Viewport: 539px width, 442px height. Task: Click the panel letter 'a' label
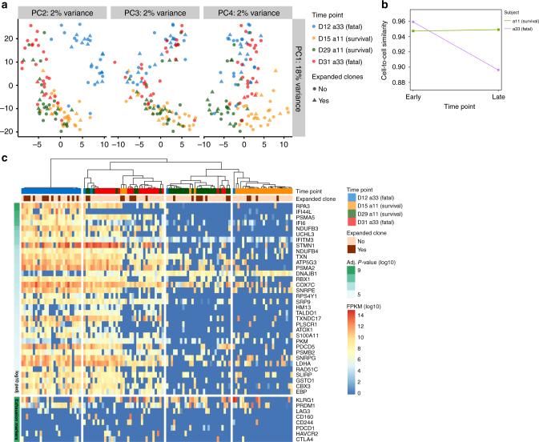(5, 5)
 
